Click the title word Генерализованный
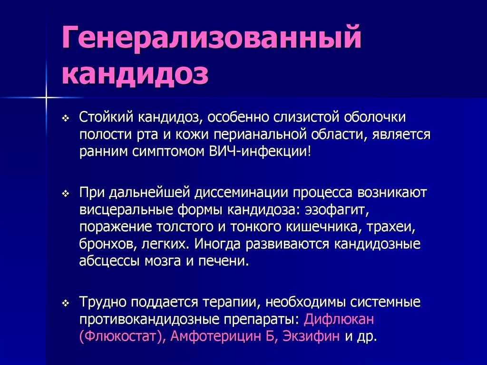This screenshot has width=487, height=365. [212, 39]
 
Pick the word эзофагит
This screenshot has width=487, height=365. [337, 210]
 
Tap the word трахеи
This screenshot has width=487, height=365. [391, 227]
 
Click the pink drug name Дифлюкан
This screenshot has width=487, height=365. [339, 320]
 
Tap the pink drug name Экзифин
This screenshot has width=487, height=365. [311, 336]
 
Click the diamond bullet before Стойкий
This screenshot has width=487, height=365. [66, 118]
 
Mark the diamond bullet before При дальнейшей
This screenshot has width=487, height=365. [66, 194]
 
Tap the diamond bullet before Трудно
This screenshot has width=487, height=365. [66, 304]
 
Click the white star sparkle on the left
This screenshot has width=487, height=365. [46, 98]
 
